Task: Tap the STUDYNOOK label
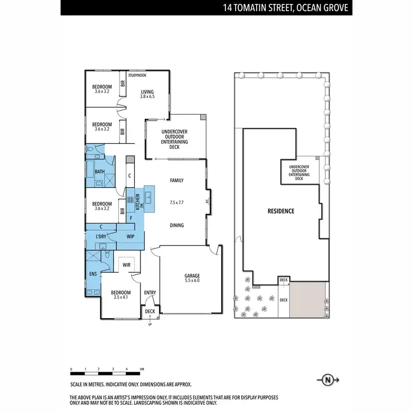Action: (x=137, y=75)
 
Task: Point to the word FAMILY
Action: (x=176, y=181)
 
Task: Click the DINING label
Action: (x=177, y=225)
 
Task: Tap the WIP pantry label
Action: (x=131, y=237)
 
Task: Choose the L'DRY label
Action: (x=101, y=237)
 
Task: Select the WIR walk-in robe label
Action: (x=126, y=265)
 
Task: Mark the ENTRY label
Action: (x=150, y=292)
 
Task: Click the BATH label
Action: (x=100, y=172)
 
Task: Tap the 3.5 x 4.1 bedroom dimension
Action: (x=121, y=297)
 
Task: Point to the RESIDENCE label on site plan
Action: (x=281, y=211)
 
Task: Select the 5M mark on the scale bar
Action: (x=142, y=369)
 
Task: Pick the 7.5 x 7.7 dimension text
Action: (x=176, y=203)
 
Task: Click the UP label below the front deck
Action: (x=149, y=324)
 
